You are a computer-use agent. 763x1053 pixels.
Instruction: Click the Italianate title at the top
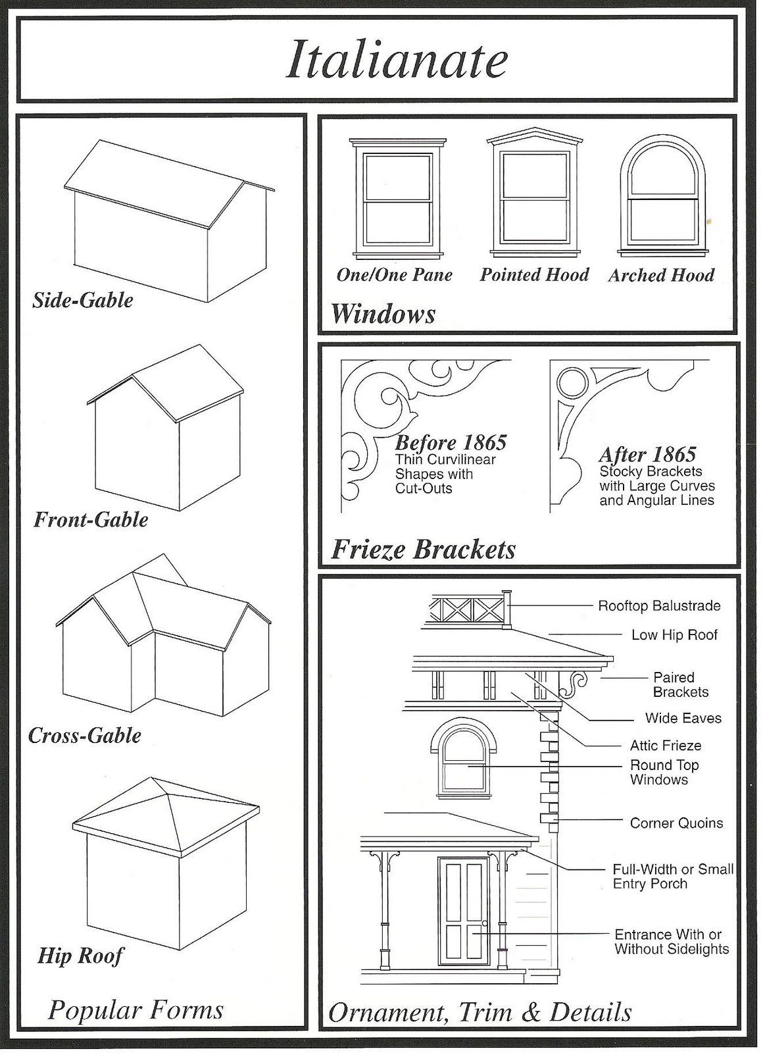(397, 59)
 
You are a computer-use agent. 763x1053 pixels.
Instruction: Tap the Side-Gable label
(83, 300)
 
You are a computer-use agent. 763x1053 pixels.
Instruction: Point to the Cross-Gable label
(85, 735)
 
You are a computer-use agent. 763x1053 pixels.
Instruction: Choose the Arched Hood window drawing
(662, 196)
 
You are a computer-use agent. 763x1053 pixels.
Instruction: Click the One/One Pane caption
(394, 274)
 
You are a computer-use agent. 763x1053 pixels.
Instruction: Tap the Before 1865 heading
(451, 442)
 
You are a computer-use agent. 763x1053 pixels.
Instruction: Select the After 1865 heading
(647, 454)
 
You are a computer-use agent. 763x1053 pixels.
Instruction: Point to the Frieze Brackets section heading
(424, 550)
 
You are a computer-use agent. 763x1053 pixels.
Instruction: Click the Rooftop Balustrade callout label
(659, 605)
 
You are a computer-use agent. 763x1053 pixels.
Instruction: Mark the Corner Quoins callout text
(676, 823)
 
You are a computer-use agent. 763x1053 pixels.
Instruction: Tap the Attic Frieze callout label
(666, 745)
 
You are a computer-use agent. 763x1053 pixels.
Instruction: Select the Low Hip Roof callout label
(674, 635)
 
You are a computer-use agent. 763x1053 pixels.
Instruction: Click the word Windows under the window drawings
(383, 313)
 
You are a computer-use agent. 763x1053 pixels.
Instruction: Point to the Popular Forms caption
(136, 1009)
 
